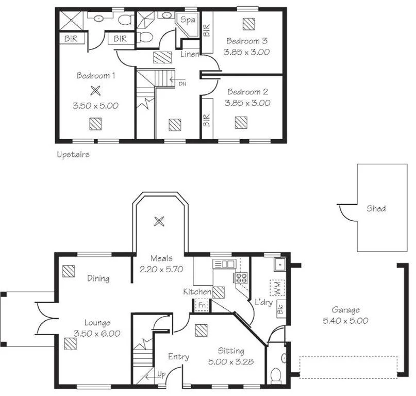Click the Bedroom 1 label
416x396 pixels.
[x=95, y=76]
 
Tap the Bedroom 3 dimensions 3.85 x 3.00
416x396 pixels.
[x=246, y=52]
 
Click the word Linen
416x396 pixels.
[x=190, y=54]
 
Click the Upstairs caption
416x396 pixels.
[x=72, y=154]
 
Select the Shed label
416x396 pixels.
[x=376, y=209]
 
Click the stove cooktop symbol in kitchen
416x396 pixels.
[x=241, y=277]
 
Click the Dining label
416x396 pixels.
[x=98, y=278]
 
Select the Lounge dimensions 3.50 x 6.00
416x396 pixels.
[x=97, y=334]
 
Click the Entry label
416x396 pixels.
[x=178, y=357]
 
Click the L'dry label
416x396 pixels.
[x=263, y=303]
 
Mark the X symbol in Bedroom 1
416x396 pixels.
[x=95, y=91]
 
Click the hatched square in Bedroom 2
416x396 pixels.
[x=240, y=122]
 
